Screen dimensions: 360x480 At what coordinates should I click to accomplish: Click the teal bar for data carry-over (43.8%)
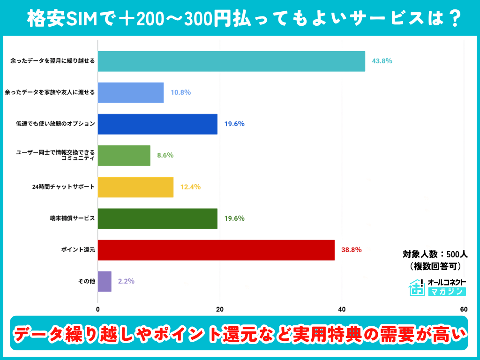click(231, 61)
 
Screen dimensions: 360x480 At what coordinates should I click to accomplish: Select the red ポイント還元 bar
click(216, 250)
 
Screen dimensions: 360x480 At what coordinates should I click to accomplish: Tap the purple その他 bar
click(105, 281)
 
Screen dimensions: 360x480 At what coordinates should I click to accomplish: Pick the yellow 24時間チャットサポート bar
click(135, 187)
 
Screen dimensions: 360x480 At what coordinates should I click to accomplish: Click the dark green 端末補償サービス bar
click(157, 218)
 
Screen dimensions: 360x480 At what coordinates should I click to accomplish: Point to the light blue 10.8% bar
click(131, 92)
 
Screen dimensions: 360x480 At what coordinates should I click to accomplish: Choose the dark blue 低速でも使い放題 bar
click(157, 124)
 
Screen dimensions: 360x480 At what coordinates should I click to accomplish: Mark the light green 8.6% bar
click(124, 155)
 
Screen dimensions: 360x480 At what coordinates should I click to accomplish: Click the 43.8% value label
click(382, 61)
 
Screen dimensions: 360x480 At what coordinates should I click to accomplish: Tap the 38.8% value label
click(351, 250)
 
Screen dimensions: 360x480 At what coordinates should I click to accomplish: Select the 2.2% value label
click(126, 281)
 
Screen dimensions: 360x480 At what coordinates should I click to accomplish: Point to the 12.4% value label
click(190, 187)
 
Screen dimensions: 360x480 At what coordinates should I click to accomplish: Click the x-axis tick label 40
click(342, 309)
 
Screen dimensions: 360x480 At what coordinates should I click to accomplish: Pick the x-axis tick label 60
click(464, 309)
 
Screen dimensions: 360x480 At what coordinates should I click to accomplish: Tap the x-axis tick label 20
click(220, 309)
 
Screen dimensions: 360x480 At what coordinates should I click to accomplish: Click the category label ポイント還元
click(79, 250)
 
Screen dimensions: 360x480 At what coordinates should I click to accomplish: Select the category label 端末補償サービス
click(72, 218)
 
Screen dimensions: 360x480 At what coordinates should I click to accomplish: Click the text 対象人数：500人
click(435, 255)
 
